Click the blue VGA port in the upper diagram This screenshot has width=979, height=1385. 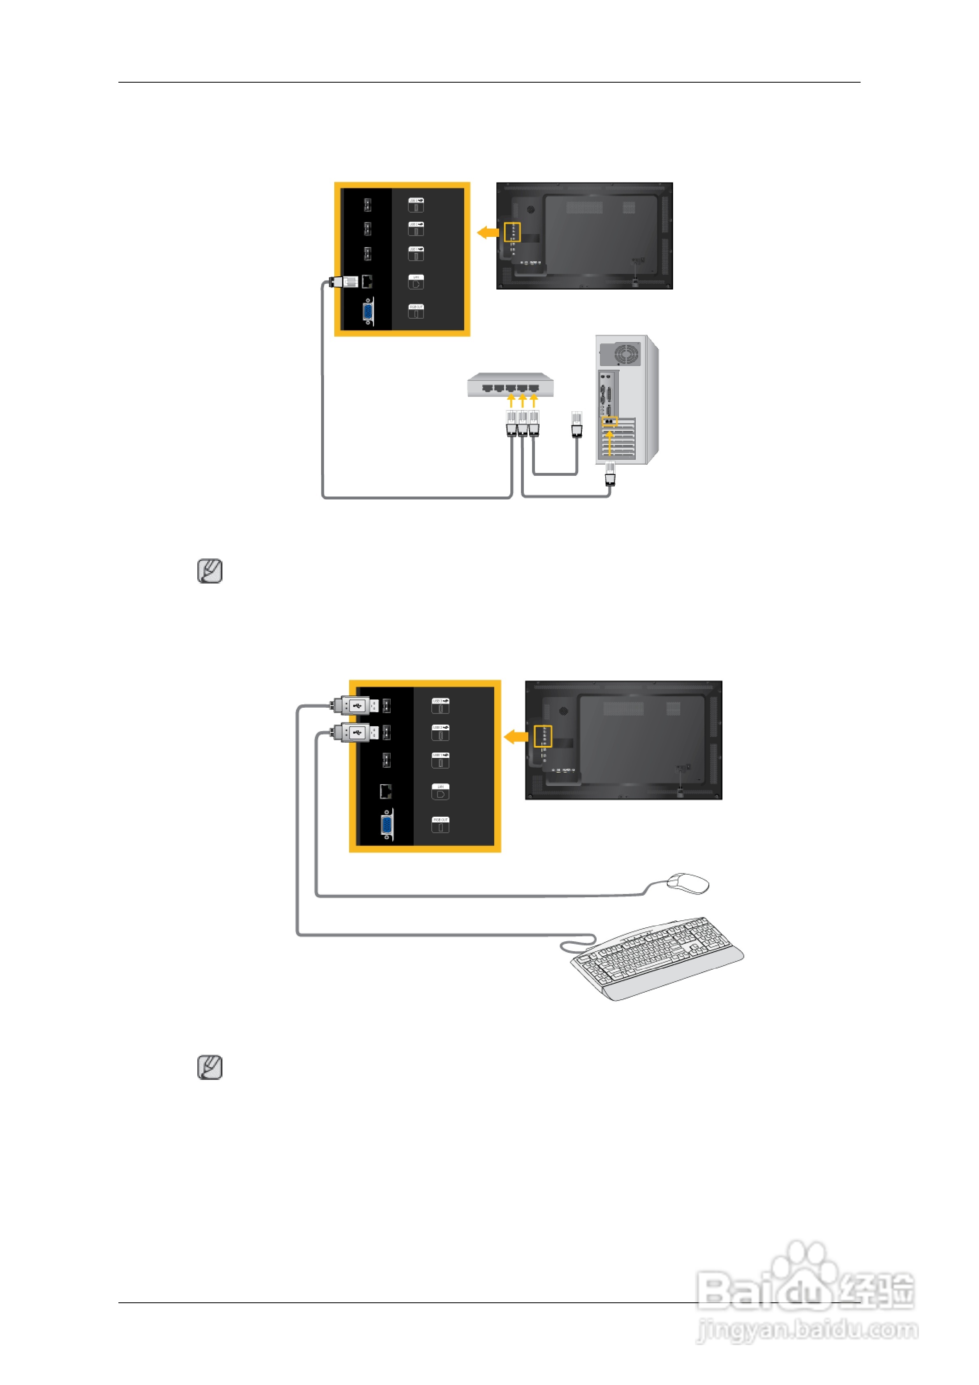coord(367,311)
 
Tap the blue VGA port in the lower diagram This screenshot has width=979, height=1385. coord(387,825)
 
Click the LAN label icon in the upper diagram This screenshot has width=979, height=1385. coord(416,281)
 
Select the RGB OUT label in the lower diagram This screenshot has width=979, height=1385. coord(440,824)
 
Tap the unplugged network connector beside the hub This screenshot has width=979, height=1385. coord(576,424)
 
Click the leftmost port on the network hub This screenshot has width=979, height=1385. coord(487,388)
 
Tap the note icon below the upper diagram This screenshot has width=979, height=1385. coord(210,571)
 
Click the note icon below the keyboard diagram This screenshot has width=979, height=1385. coord(210,1067)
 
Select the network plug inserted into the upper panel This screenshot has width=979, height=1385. coord(345,281)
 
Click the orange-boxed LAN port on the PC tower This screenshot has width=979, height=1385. coord(609,421)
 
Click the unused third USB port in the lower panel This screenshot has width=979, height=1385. coord(386,760)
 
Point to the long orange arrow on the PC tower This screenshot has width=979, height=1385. coord(609,442)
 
